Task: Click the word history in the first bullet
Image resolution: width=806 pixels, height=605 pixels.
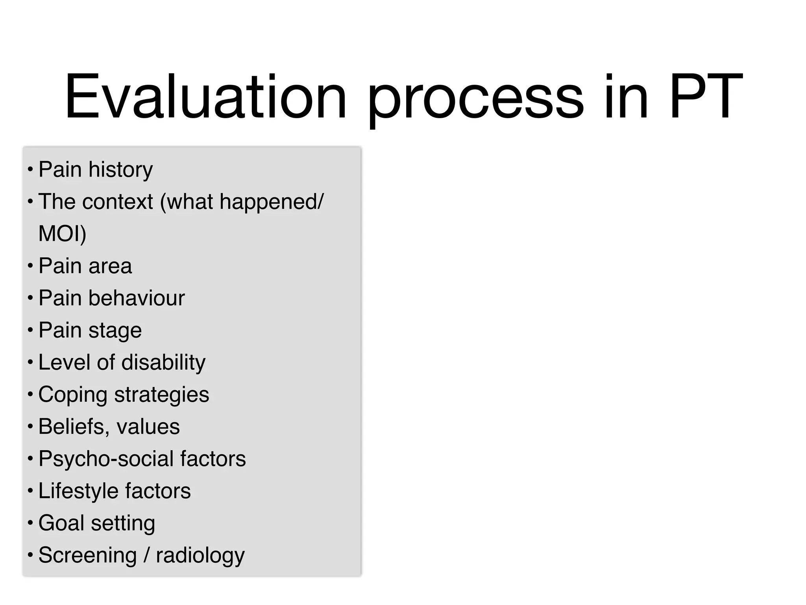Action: tap(120, 170)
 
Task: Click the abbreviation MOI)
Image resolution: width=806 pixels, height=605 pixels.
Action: tap(62, 234)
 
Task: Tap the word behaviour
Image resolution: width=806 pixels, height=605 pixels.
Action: tap(137, 298)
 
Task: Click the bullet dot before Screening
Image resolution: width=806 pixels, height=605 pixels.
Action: tap(30, 555)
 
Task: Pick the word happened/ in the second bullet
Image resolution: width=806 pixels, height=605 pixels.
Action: tap(272, 202)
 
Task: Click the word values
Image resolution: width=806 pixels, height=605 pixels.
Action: tap(148, 427)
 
